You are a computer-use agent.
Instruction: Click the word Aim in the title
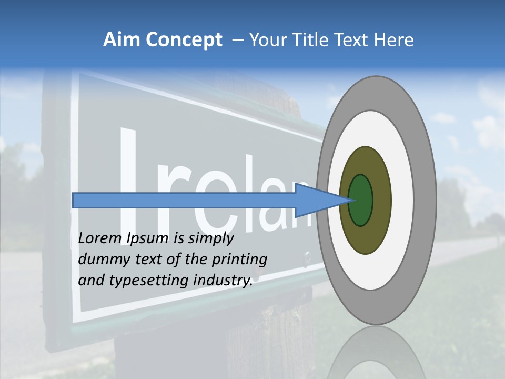[122, 40]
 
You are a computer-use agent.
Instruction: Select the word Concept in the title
[184, 41]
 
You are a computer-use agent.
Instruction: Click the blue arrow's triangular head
[316, 200]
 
